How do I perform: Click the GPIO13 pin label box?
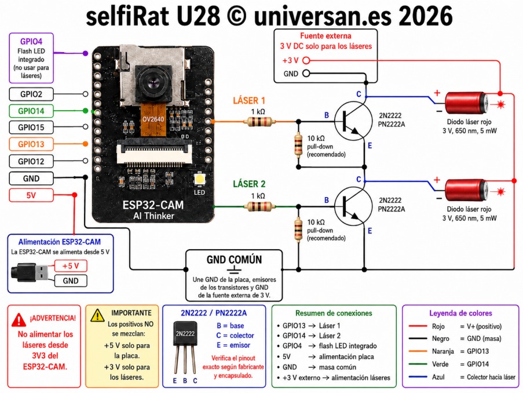[x=31, y=144]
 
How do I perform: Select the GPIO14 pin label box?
[x=31, y=111]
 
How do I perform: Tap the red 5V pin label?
[x=31, y=195]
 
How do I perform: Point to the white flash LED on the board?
[x=199, y=179]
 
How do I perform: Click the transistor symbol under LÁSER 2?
[x=353, y=206]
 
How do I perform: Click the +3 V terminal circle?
[x=306, y=60]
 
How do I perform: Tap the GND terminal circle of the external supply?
[x=306, y=74]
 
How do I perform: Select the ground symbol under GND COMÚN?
[x=234, y=270]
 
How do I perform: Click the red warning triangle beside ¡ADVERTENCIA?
[x=19, y=319]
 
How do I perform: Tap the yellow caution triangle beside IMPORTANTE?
[x=97, y=315]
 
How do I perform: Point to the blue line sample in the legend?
[x=418, y=377]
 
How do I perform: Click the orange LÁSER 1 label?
[x=249, y=100]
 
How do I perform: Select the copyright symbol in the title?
[x=236, y=16]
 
